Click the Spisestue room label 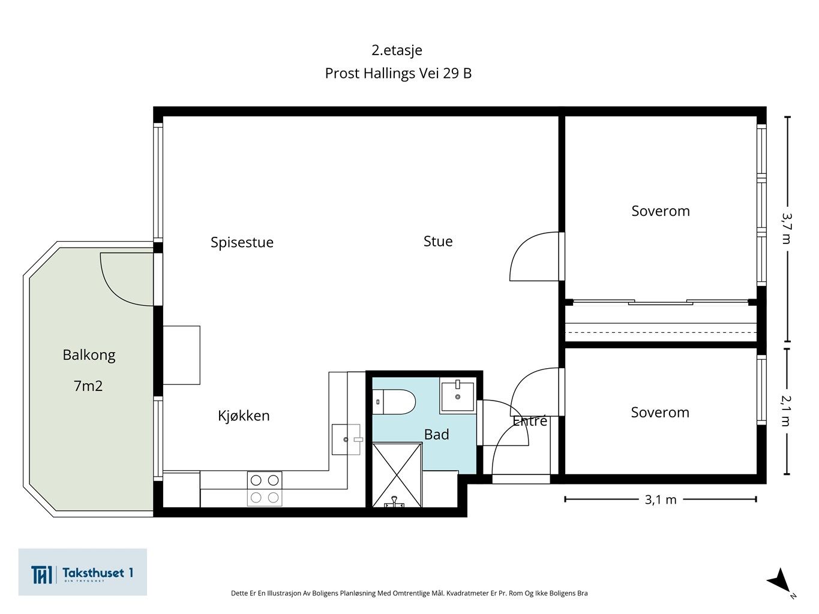tap(242, 243)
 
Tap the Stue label tap(438, 241)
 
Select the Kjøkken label tap(244, 416)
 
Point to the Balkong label tap(89, 356)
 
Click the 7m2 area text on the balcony tap(88, 386)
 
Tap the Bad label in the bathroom tap(437, 435)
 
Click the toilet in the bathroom tap(394, 402)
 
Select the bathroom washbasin tap(457, 395)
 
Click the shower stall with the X tap(397, 475)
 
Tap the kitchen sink tap(346, 440)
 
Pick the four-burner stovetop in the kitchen tap(265, 489)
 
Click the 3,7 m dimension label tap(787, 228)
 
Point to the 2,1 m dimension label tap(787, 411)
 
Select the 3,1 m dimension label tap(661, 500)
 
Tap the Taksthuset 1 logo tap(82, 572)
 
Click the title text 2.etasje tap(397, 50)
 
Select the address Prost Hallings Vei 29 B tap(398, 73)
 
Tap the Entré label tap(530, 422)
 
